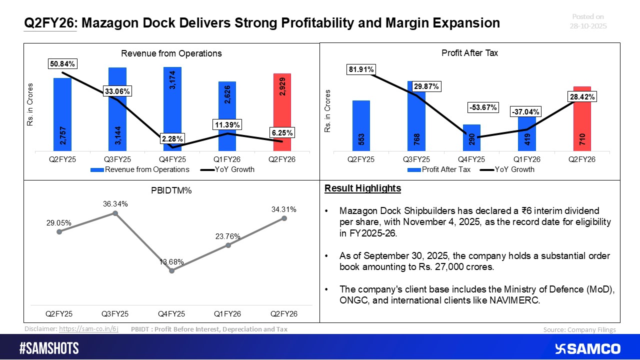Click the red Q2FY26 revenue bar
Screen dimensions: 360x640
(x=282, y=112)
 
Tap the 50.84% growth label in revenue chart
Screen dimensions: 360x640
(x=61, y=64)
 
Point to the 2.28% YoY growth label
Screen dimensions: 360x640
(x=172, y=138)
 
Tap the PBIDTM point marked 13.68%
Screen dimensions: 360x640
(x=172, y=270)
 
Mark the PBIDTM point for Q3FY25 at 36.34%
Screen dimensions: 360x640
(x=115, y=213)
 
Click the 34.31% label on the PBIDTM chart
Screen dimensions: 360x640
(x=284, y=209)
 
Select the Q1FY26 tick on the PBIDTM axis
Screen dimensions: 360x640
(x=228, y=314)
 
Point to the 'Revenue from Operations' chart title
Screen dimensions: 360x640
(x=172, y=53)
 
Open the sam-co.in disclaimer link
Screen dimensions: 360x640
(x=88, y=329)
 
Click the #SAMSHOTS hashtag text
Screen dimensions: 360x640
(x=49, y=348)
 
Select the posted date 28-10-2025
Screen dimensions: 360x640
(x=588, y=26)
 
